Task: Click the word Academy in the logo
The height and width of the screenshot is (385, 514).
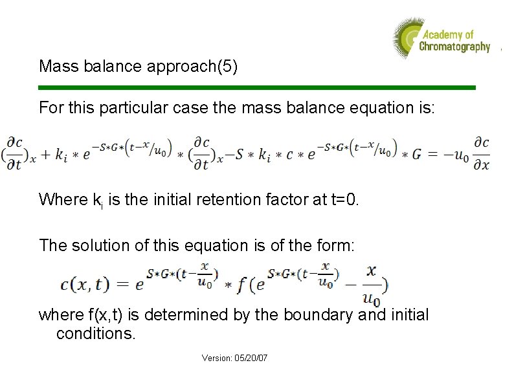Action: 443,35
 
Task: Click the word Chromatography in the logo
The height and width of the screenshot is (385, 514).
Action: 454,47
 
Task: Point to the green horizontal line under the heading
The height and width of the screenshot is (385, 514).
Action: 257,87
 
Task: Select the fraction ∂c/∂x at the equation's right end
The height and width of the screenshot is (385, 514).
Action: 480,155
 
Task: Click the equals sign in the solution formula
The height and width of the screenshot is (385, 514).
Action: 121,284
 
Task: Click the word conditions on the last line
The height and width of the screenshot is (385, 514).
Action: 96,333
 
